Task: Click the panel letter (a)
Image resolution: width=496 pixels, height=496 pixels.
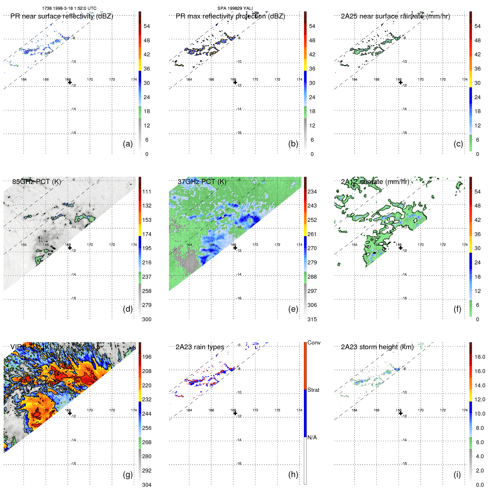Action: click(x=127, y=144)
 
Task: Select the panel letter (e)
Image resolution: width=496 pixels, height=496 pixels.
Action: click(x=293, y=309)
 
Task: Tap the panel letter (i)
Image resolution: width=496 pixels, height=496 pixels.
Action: click(x=457, y=474)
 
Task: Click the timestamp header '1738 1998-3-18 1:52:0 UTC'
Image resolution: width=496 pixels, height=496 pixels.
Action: click(x=69, y=8)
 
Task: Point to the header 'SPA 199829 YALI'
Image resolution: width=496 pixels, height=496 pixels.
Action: click(x=235, y=8)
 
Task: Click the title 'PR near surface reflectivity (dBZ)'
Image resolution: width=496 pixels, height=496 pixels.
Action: click(x=62, y=16)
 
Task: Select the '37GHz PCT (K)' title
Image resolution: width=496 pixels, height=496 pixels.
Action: click(x=202, y=181)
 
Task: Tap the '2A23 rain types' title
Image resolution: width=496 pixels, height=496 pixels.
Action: click(x=200, y=347)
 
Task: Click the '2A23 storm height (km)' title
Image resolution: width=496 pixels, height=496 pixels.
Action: click(x=377, y=347)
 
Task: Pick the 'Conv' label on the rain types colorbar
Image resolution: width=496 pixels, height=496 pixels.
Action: click(x=314, y=343)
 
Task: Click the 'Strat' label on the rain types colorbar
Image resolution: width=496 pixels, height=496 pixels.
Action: click(x=313, y=390)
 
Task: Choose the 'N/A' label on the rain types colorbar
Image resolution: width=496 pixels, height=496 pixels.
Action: click(x=312, y=437)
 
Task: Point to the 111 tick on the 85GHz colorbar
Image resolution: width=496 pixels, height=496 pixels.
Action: click(x=147, y=192)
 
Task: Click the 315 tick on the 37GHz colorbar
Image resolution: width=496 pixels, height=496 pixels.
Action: click(x=312, y=319)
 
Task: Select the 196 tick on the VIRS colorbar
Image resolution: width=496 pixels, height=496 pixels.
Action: click(x=147, y=357)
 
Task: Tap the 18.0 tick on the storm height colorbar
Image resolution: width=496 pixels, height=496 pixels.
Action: click(x=480, y=357)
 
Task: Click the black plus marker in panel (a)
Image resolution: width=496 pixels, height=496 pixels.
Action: click(x=70, y=82)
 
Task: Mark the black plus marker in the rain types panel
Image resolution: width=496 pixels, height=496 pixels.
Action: click(x=235, y=413)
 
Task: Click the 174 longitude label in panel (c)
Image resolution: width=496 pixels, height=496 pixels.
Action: click(x=465, y=80)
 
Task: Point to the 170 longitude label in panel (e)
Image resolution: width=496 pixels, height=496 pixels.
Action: click(x=255, y=245)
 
